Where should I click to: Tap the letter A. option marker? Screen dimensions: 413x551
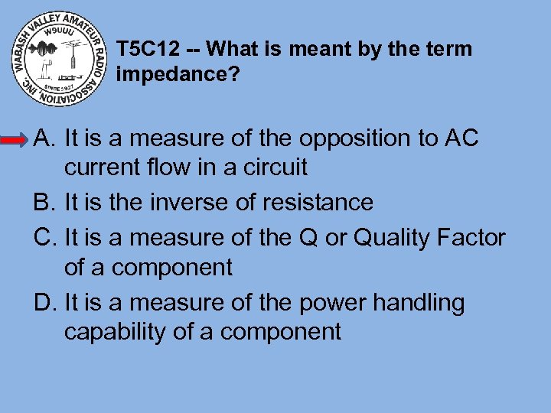[x=44, y=138]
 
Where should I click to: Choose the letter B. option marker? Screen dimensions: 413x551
[x=44, y=203]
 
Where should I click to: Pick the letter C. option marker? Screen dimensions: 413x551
[x=44, y=239]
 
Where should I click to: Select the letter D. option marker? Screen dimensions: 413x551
[x=44, y=303]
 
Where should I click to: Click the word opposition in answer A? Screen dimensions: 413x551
[x=356, y=139]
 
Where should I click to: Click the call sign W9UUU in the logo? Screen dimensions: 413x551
[x=57, y=33]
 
